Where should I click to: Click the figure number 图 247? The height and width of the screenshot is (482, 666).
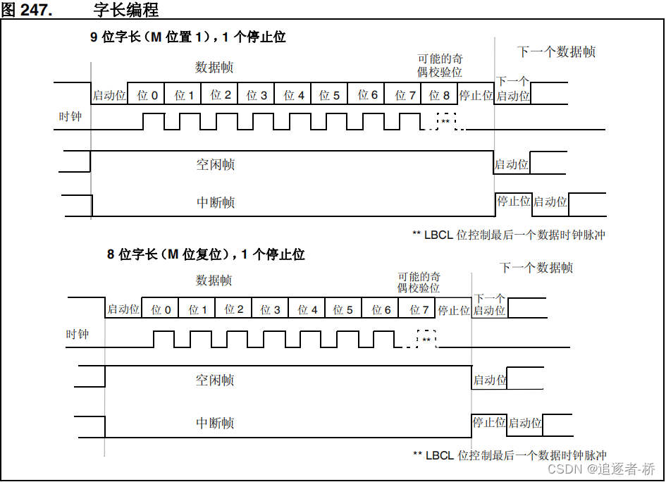click(27, 9)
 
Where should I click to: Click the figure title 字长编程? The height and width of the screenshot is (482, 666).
click(125, 9)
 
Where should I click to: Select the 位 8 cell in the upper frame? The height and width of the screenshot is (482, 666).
click(439, 94)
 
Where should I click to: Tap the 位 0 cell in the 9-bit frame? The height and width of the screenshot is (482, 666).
click(146, 94)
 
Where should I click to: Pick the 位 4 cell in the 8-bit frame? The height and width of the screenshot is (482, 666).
click(307, 309)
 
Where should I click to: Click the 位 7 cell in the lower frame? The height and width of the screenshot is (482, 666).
click(417, 309)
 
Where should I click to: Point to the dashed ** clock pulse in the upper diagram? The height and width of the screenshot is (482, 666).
click(446, 121)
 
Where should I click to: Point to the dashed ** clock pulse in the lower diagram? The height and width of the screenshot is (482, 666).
click(426, 339)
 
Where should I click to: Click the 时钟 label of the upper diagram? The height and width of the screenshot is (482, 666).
click(70, 116)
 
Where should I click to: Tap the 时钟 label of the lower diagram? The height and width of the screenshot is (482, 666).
click(77, 334)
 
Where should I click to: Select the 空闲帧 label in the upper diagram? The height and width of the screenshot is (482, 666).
click(216, 164)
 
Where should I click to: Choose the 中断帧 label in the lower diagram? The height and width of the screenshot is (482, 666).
click(215, 423)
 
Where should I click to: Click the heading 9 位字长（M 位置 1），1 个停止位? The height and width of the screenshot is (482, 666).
click(187, 37)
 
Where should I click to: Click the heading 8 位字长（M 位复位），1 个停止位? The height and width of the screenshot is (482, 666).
click(206, 254)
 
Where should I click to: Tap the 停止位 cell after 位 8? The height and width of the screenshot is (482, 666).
click(476, 94)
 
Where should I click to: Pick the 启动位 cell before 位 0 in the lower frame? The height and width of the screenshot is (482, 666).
click(123, 309)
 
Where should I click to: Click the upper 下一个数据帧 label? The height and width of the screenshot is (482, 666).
click(557, 52)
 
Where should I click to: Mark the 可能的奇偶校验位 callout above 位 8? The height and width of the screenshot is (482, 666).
click(440, 65)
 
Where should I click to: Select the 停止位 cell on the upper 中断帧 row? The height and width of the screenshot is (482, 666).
click(514, 202)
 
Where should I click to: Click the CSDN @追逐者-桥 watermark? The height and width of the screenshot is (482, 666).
click(601, 469)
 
